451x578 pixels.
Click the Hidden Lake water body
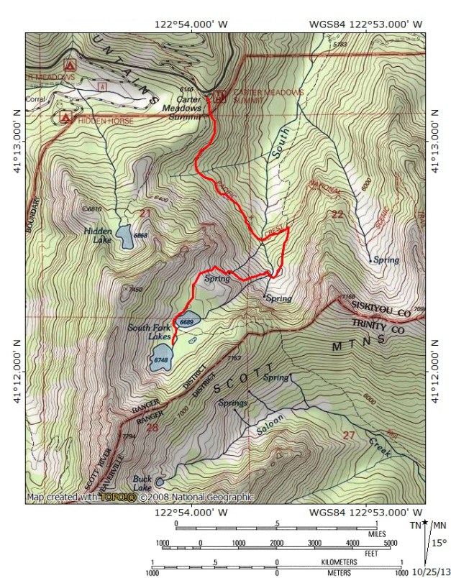point(125,236)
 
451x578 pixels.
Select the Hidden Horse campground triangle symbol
point(66,117)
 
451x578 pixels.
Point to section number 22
point(336,214)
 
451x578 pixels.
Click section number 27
point(348,434)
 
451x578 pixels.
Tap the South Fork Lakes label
point(149,332)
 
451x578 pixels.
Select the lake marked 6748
point(159,359)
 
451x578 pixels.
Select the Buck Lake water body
point(159,482)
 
